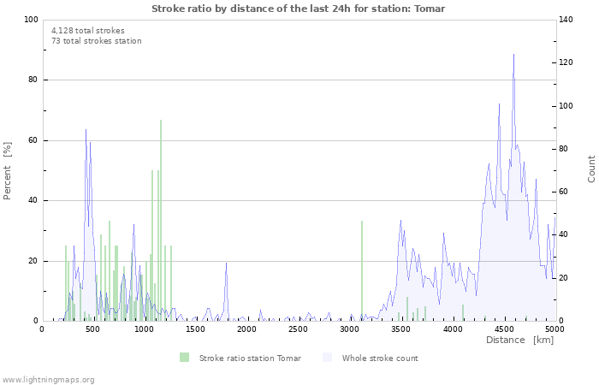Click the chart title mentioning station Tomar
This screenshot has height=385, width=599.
pyautogui.click(x=298, y=8)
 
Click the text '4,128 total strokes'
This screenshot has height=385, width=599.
pyautogui.click(x=87, y=30)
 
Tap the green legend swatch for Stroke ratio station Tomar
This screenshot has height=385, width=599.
pyautogui.click(x=185, y=358)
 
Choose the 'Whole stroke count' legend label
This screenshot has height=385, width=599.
pyautogui.click(x=379, y=358)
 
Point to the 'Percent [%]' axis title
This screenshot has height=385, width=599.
pyautogui.click(x=8, y=171)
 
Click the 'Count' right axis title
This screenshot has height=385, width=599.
pyautogui.click(x=591, y=169)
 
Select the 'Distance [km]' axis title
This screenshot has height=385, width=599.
pyautogui.click(x=519, y=341)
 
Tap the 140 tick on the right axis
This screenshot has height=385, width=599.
pyautogui.click(x=568, y=20)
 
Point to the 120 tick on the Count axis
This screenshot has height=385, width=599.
pyautogui.click(x=568, y=62)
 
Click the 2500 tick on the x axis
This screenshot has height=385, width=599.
pyautogui.click(x=299, y=329)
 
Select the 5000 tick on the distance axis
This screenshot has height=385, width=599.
pyautogui.click(x=555, y=329)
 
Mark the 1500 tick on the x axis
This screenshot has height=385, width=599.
pyautogui.click(x=196, y=329)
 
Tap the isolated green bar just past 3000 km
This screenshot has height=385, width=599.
pyautogui.click(x=362, y=269)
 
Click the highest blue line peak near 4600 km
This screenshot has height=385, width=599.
pyautogui.click(x=513, y=56)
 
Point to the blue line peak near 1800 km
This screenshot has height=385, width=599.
pyautogui.click(x=227, y=264)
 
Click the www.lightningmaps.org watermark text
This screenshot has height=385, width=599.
pyautogui.click(x=48, y=379)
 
